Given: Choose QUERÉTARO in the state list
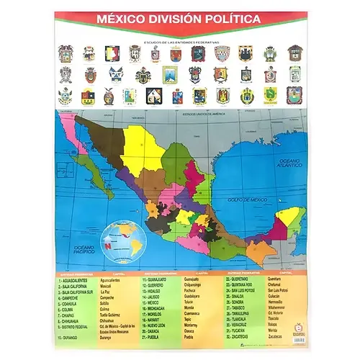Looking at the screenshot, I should tap(244, 279).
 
